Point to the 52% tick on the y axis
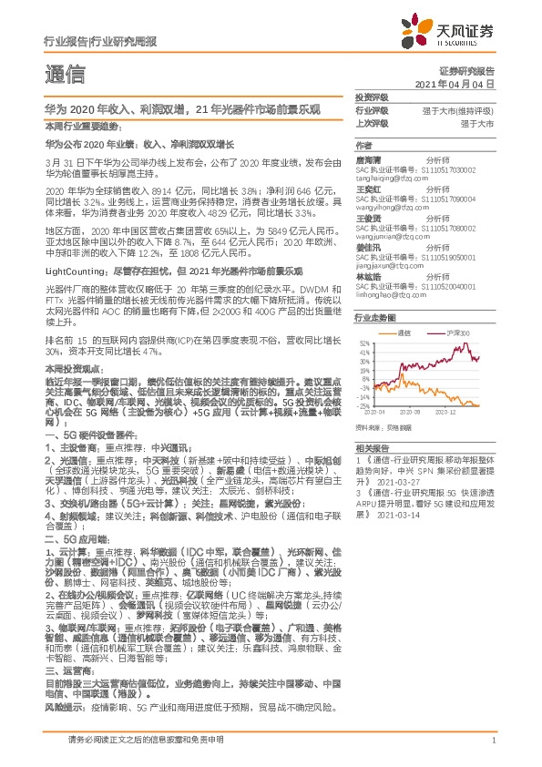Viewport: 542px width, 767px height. (363, 343)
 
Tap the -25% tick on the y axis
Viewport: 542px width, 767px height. (363, 405)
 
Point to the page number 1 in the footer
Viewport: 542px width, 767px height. (493, 752)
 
